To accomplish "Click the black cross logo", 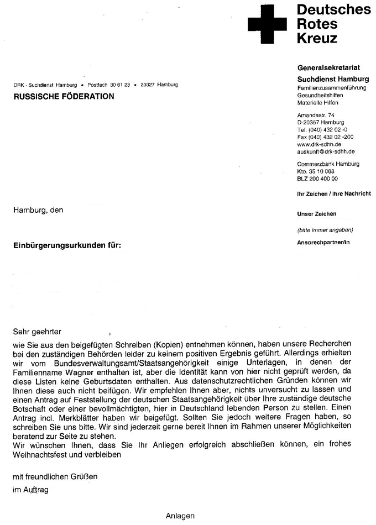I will click(268, 24).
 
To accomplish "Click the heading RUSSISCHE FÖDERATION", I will click(64, 97).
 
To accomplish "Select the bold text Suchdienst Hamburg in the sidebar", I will click(333, 79).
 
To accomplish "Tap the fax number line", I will click(326, 136).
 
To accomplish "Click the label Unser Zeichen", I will click(317, 214).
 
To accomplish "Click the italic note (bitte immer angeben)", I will click(325, 229).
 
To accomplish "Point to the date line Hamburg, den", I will click(39, 210).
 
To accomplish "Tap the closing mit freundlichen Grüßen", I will click(55, 476).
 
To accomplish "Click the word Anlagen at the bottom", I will click(180, 516).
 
